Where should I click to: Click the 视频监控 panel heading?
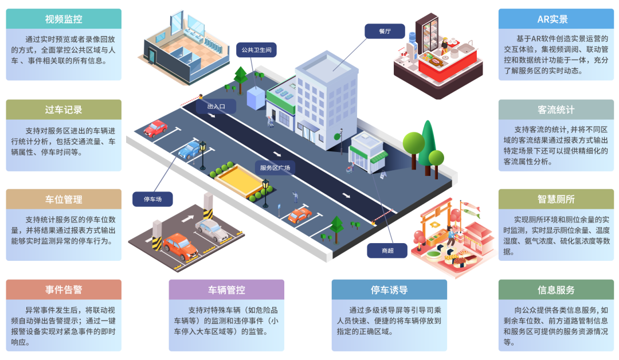point(64,19)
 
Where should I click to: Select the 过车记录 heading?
point(64,109)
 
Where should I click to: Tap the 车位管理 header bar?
point(64,199)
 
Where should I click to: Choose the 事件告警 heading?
point(64,289)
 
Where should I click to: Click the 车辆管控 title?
point(226,289)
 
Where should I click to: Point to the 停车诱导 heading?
point(389,289)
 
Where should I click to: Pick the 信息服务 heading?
point(556,289)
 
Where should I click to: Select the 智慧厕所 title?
point(556,199)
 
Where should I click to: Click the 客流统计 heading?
point(556,109)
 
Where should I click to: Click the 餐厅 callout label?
point(385,31)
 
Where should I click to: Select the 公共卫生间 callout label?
point(257,50)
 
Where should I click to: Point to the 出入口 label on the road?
point(216,107)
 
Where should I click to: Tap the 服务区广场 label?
point(275,168)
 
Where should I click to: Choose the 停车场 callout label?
point(152,199)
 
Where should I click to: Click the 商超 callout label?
point(387,251)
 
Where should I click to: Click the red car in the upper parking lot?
point(155,128)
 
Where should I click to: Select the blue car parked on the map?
point(190,149)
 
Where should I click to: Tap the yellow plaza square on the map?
point(239,181)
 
